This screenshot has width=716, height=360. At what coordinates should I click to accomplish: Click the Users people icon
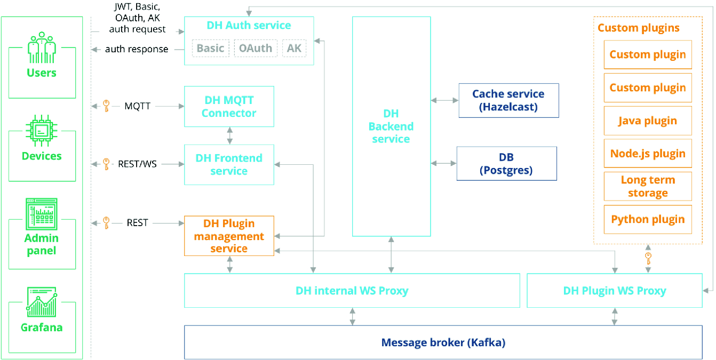click(x=42, y=47)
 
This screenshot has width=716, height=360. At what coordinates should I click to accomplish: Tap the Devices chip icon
click(x=42, y=130)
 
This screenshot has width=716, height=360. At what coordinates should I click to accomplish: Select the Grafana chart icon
click(x=42, y=302)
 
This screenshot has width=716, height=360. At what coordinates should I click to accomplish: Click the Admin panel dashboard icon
click(x=42, y=214)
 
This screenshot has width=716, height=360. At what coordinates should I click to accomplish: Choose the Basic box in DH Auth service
click(x=211, y=48)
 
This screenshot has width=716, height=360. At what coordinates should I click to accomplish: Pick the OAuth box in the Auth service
click(x=256, y=48)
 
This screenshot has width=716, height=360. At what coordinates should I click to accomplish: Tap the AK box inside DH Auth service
click(x=294, y=48)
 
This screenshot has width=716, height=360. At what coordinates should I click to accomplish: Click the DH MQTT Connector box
click(x=229, y=106)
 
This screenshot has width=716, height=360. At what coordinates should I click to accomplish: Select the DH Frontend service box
click(x=229, y=164)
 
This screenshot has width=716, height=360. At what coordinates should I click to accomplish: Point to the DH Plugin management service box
click(x=229, y=236)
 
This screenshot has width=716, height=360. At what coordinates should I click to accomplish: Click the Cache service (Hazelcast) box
click(x=508, y=100)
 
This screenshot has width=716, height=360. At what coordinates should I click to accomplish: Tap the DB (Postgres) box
click(x=507, y=164)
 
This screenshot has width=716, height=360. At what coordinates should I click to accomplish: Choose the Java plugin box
click(x=648, y=121)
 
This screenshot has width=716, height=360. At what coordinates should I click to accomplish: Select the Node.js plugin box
click(x=648, y=154)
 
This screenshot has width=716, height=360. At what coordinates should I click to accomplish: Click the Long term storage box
click(x=648, y=187)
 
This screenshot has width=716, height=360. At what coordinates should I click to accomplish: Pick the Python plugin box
click(x=648, y=219)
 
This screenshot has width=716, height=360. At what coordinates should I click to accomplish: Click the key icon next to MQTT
click(x=107, y=106)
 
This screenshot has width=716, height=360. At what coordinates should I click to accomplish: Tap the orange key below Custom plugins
click(x=648, y=258)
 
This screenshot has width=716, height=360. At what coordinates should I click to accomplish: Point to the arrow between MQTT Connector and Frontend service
click(x=229, y=136)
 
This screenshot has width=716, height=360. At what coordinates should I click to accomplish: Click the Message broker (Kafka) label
click(x=443, y=342)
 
